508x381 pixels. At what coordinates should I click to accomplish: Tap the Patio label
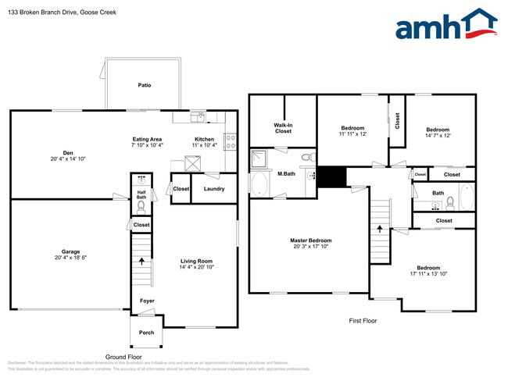pos(145,85)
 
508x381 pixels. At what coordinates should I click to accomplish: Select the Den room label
pos(68,152)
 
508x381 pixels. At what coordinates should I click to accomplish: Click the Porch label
pos(146,333)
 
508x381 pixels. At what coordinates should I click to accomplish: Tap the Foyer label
pos(147,301)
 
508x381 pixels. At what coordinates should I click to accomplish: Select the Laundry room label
pos(214,189)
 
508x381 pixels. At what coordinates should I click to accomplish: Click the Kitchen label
pos(205,139)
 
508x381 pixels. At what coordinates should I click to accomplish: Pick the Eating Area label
pos(146,139)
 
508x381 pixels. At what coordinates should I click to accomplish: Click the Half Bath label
pos(141,194)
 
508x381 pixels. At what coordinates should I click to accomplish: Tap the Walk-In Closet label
pos(283,128)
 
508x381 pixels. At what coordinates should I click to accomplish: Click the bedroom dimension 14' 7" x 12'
pos(438,136)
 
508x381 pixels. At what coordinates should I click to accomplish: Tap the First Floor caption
pos(363,321)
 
